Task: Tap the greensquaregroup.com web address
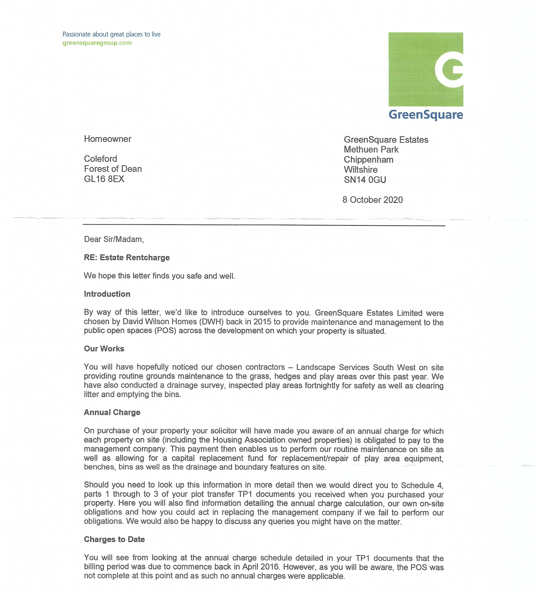(x=97, y=43)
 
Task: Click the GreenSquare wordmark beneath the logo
(x=426, y=115)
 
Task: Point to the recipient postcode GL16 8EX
(x=104, y=179)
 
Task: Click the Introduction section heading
(x=107, y=294)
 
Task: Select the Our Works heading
(x=104, y=349)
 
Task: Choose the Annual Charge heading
(x=112, y=412)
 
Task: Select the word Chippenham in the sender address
(x=368, y=160)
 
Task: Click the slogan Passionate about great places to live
(x=112, y=34)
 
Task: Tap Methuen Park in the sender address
(x=371, y=149)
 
